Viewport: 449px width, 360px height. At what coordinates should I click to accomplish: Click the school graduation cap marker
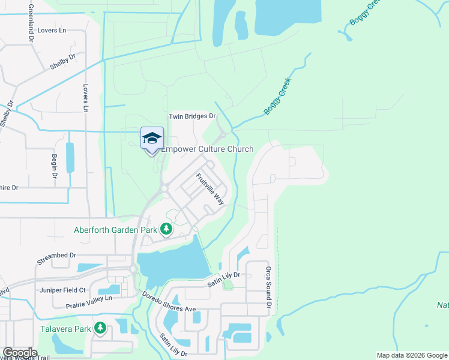point(152,138)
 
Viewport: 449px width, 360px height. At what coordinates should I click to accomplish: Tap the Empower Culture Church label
point(208,149)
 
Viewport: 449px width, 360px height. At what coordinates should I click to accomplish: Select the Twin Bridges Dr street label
point(191,116)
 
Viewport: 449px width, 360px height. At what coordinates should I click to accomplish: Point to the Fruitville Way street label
point(210,189)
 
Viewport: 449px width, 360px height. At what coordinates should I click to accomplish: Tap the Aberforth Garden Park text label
point(115,229)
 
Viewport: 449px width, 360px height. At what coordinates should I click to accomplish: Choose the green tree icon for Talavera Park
point(100,328)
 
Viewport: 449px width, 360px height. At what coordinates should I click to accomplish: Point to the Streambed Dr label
point(56,255)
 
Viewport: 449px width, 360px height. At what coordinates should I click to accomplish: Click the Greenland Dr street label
point(30,22)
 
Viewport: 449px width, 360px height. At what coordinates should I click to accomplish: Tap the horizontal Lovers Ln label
point(51,30)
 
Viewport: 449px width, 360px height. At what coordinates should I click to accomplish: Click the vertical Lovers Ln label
point(85,98)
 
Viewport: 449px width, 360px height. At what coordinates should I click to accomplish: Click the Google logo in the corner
point(20,353)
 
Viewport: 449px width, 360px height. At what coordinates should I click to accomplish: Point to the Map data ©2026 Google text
point(411,355)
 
